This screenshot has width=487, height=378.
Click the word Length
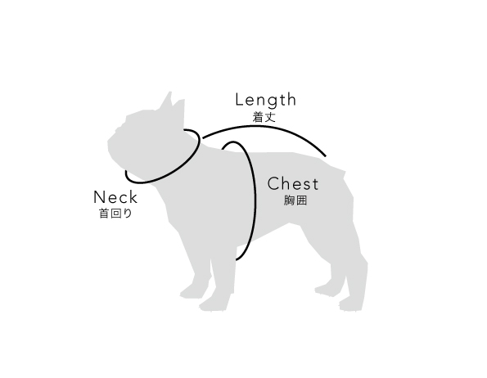point(266,101)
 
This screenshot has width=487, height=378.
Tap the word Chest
point(293,184)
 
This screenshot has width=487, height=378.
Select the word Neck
point(115,197)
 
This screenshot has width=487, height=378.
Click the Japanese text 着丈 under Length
point(264,117)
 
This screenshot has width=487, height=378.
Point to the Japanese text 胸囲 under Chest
point(295,200)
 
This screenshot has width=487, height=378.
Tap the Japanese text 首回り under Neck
point(115,214)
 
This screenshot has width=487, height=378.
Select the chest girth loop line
point(255,199)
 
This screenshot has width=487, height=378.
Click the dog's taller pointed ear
point(167,101)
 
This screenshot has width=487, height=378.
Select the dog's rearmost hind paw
point(350,304)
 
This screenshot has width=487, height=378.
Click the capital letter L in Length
point(239,99)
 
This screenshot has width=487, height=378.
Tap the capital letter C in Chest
point(273,184)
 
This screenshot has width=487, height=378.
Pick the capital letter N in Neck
point(99,197)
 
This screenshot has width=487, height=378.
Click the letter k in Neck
point(133,196)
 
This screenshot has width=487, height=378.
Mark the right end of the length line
point(326,155)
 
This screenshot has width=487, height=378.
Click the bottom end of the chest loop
point(237,259)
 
